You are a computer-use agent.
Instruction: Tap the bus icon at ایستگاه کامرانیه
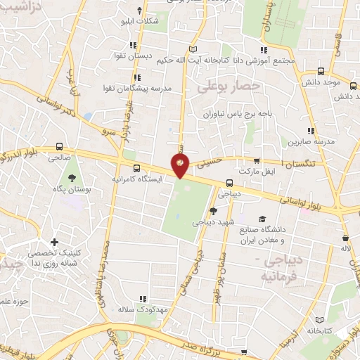click(x=136, y=169)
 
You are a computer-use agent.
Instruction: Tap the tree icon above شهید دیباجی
click(x=214, y=211)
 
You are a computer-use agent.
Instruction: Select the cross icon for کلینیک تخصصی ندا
click(x=54, y=242)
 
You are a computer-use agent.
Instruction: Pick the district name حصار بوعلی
click(x=229, y=86)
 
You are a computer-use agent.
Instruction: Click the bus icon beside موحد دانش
click(x=321, y=71)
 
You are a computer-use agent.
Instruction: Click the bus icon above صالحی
click(x=59, y=148)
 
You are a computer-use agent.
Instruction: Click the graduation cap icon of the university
click(x=262, y=219)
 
